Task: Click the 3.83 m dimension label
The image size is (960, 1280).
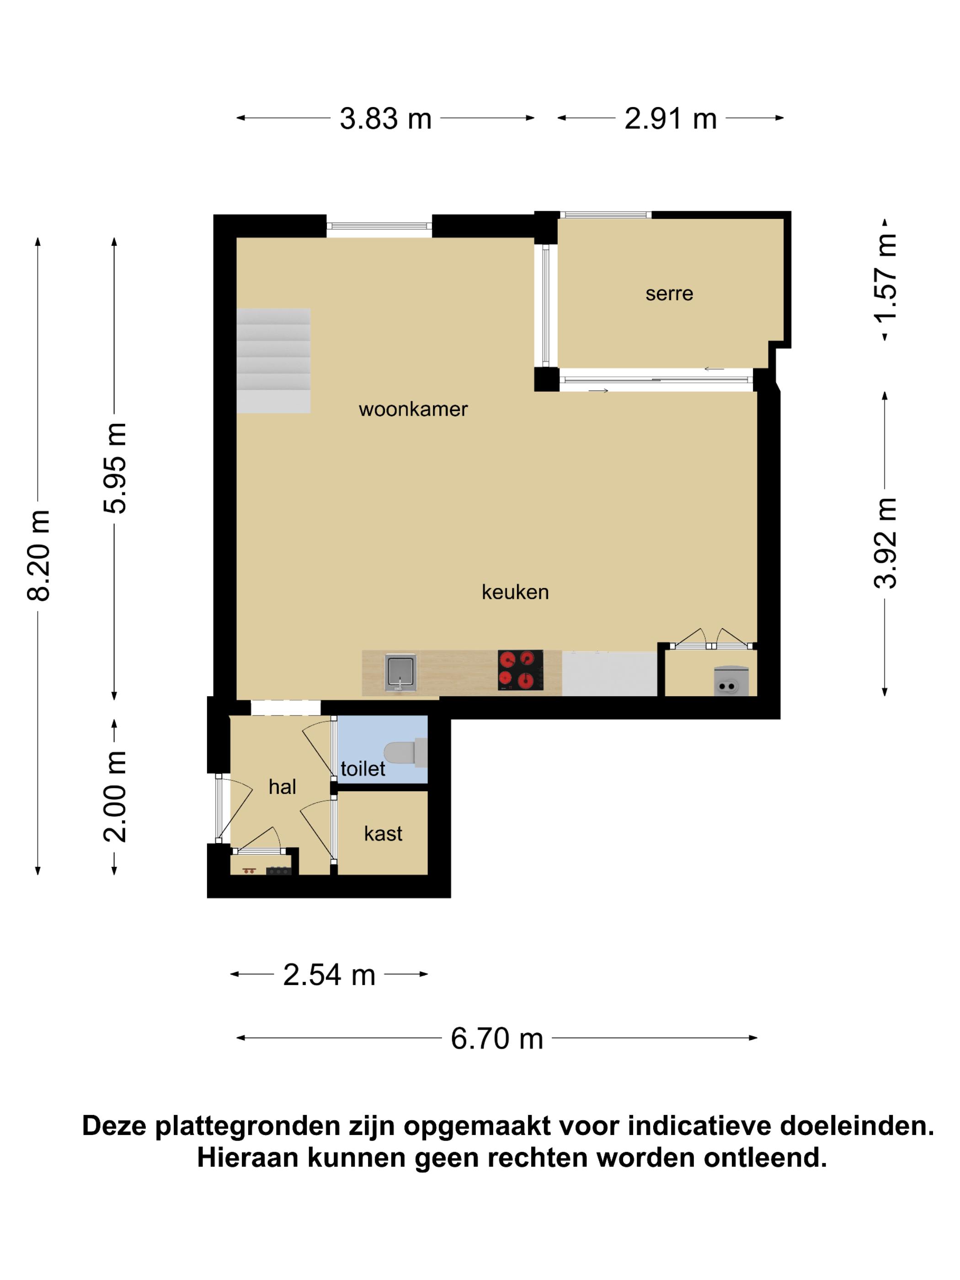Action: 385,118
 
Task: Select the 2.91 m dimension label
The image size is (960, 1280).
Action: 671,118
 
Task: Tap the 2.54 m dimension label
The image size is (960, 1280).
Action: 329,975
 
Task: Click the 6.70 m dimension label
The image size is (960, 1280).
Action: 497,1039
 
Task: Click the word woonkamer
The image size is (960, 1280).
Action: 413,409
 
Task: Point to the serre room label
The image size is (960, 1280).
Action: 670,294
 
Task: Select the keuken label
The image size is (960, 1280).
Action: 515,592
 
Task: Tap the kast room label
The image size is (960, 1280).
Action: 383,833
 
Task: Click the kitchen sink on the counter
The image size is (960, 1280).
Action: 400,672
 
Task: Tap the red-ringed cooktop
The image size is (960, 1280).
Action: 520,670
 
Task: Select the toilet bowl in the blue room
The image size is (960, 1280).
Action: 405,752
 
